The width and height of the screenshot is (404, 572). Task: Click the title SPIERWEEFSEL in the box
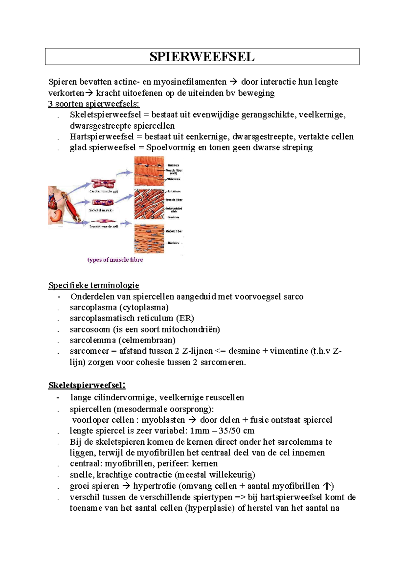pos(202,57)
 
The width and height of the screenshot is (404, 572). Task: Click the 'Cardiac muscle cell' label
pos(104,192)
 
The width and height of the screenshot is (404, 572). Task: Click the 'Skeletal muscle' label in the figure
pos(101,210)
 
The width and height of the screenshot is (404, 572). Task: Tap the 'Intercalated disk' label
pos(174,210)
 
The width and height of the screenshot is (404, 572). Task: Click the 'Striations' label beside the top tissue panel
pos(174,179)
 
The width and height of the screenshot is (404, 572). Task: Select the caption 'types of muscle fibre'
pos(115,260)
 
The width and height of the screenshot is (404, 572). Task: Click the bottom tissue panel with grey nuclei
pos(149,239)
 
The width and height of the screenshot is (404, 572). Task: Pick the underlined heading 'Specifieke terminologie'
pos(94,285)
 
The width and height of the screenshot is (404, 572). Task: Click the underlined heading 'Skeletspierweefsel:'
pos(87,385)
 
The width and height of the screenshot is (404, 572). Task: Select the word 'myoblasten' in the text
pos(163,420)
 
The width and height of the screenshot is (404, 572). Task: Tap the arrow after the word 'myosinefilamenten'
pos(233,82)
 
